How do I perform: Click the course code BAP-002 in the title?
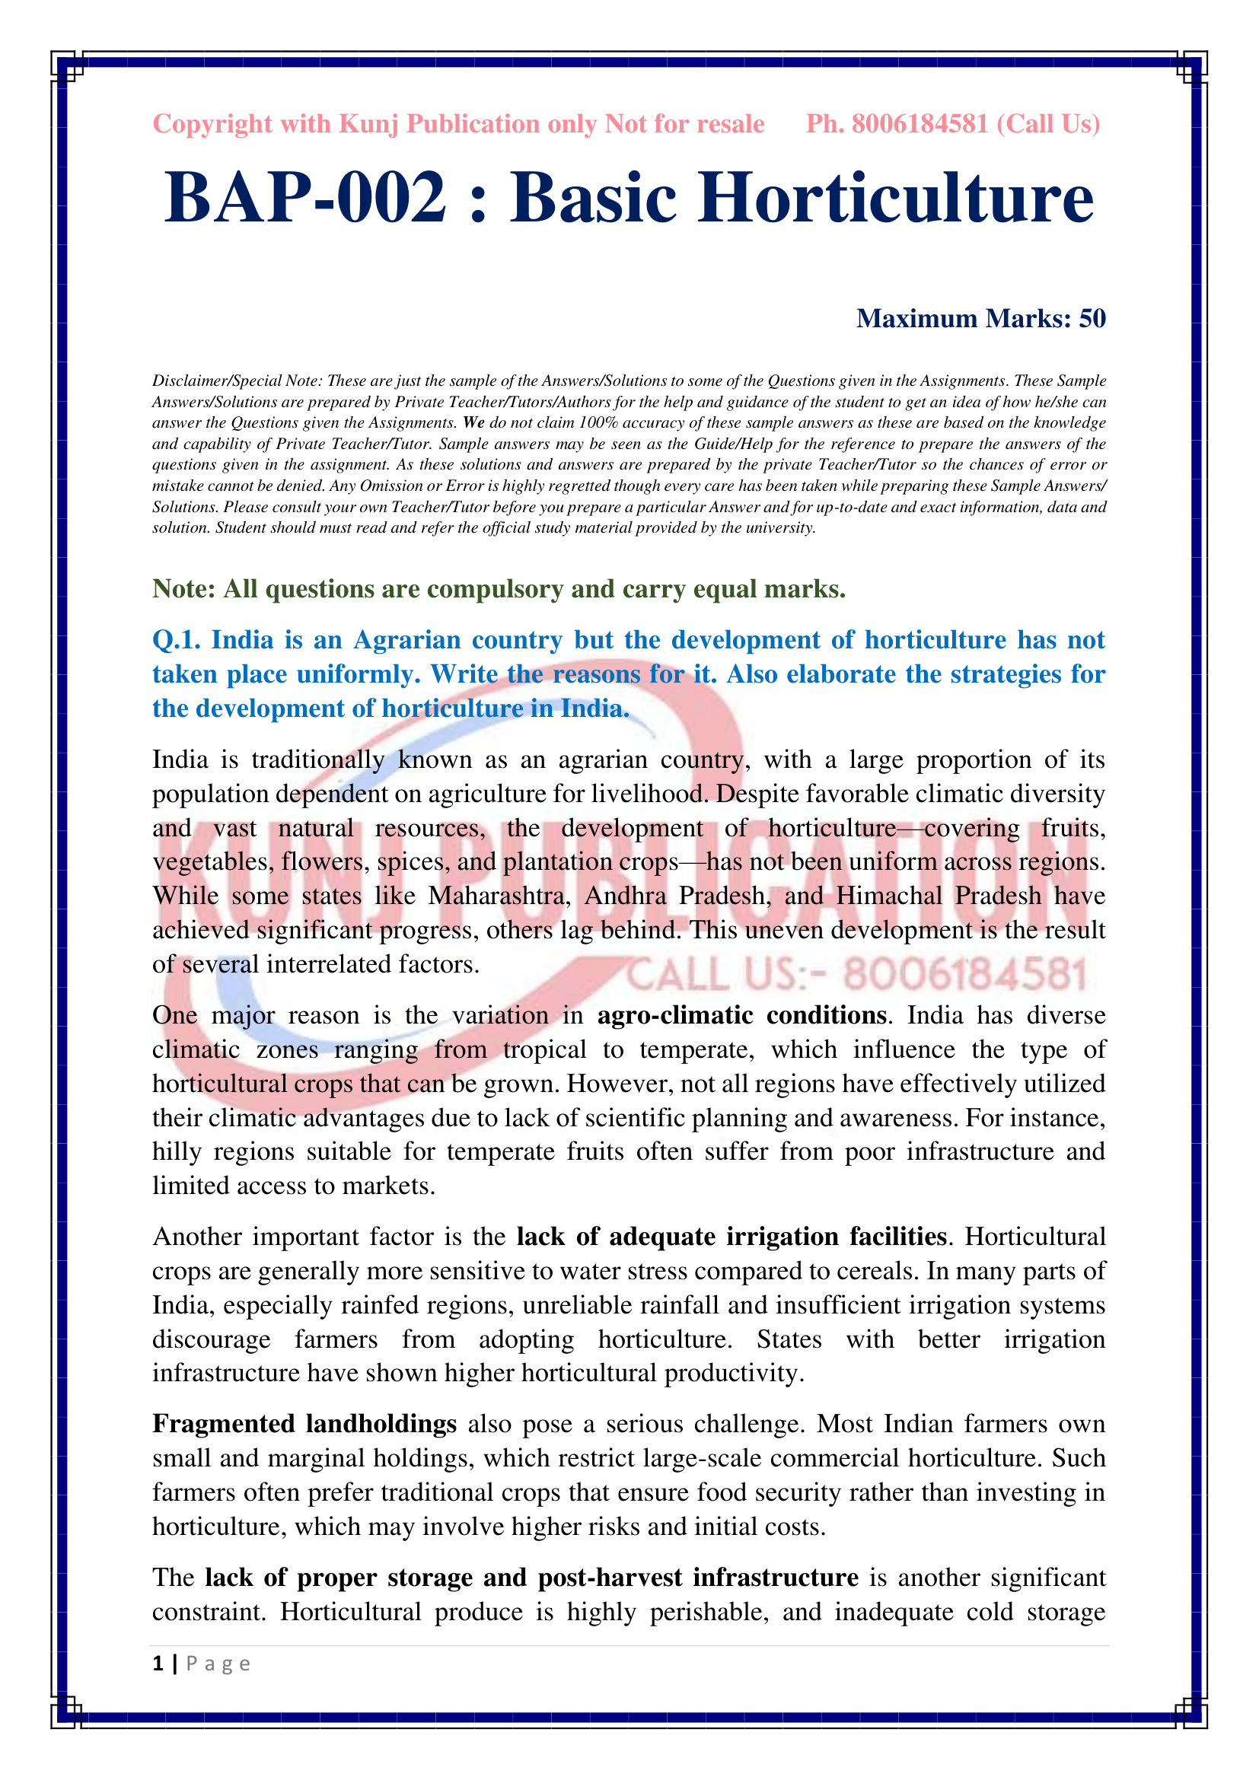tap(305, 198)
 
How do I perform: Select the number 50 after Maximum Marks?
tap(1092, 319)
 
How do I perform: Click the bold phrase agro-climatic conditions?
tap(741, 1016)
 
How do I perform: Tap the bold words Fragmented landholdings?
tap(304, 1424)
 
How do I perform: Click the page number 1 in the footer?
tap(158, 1664)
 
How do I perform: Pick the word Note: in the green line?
tap(183, 589)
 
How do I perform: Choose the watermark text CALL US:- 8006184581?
tap(856, 975)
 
